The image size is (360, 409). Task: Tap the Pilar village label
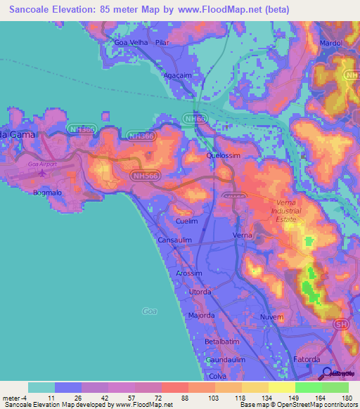(x=163, y=42)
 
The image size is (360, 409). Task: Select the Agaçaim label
(x=177, y=74)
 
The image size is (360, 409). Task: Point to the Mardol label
(x=331, y=43)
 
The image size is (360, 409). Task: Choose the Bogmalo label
(x=46, y=190)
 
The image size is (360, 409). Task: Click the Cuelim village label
(x=187, y=221)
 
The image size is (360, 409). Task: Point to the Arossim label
(x=189, y=273)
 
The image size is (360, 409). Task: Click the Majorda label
(x=201, y=316)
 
